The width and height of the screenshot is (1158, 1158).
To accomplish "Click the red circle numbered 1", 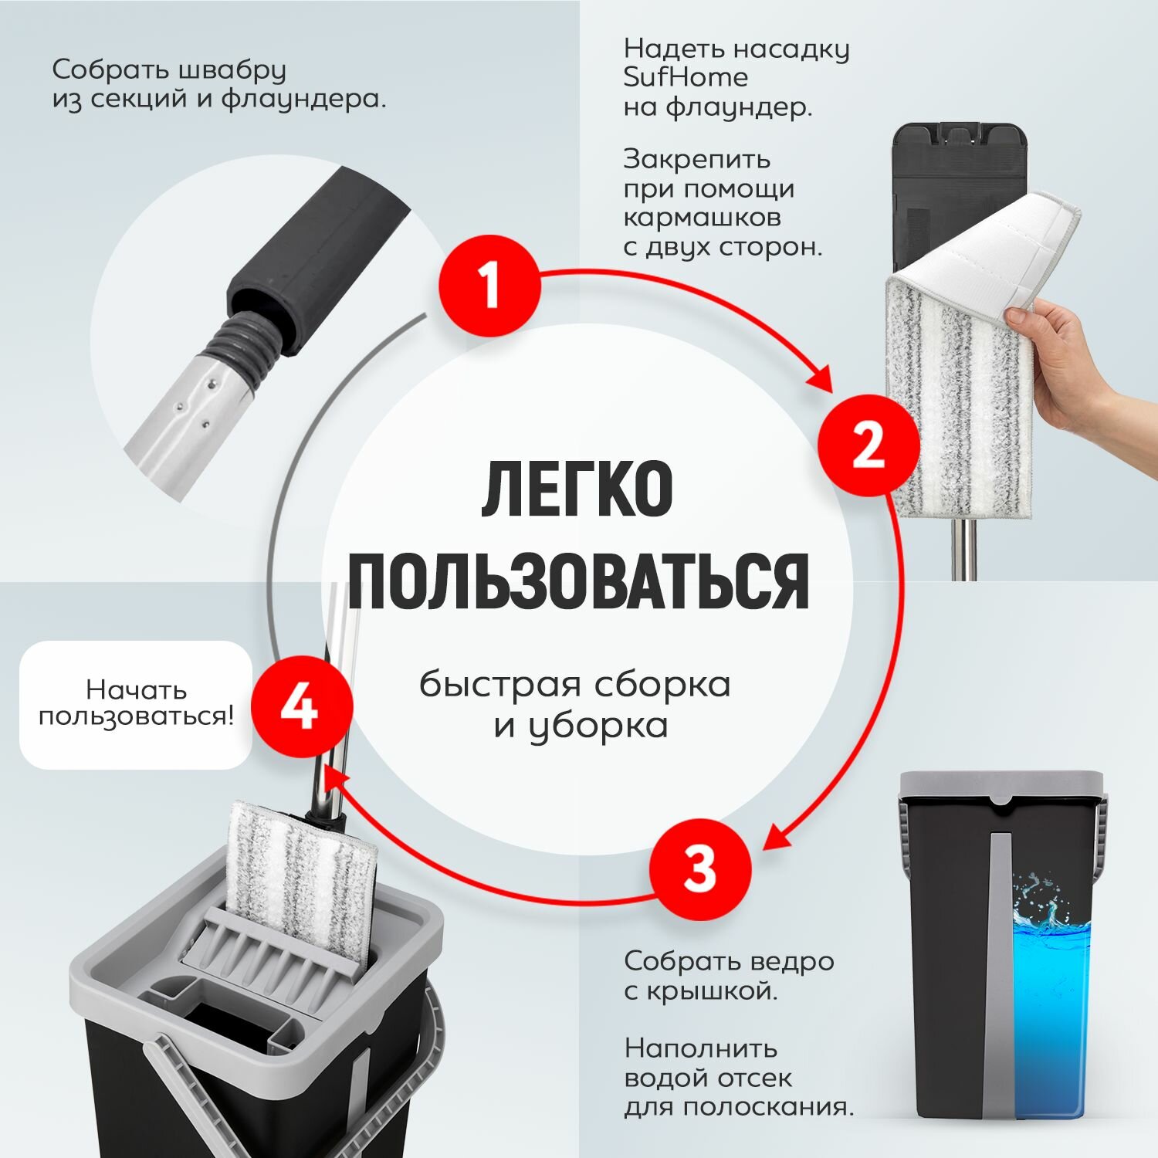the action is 489,285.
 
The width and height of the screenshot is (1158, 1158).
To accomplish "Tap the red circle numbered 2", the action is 868,445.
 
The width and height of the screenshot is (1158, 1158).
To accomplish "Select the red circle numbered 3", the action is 700,868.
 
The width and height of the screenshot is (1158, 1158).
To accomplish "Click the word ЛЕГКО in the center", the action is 577,489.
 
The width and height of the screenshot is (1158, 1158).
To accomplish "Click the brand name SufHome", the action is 686,77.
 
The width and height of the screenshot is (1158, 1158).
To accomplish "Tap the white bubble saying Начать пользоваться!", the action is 136,704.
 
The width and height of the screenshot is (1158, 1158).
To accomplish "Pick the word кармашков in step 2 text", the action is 702,218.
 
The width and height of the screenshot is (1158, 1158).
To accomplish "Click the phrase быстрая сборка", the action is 575,685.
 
